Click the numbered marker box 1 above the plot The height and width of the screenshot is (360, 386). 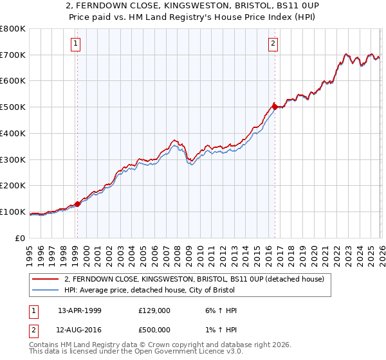(x=76, y=44)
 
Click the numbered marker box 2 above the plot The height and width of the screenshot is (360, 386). (x=273, y=44)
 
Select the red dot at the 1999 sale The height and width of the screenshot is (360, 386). (x=78, y=204)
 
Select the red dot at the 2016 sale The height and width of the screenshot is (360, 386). (x=275, y=107)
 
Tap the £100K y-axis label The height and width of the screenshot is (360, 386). (x=13, y=212)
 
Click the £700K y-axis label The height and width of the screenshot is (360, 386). (x=13, y=55)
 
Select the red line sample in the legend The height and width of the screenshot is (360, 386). (x=46, y=279)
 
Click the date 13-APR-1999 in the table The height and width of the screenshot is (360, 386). (x=79, y=310)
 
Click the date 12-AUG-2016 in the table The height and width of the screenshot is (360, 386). (x=80, y=330)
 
